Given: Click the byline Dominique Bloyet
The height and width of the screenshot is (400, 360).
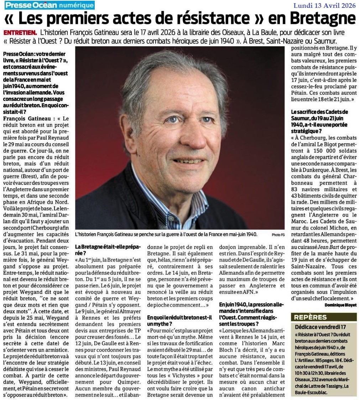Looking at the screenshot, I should [340, 305].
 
